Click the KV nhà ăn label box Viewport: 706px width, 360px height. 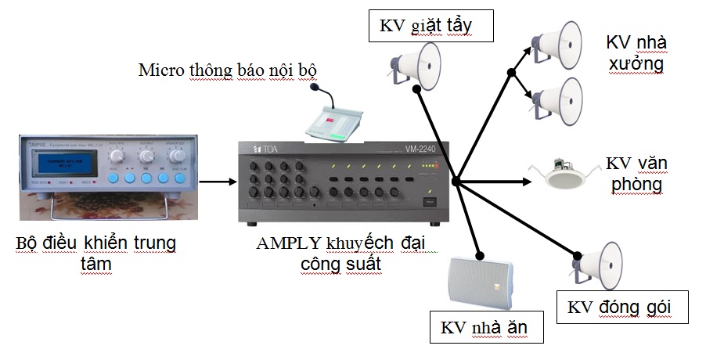485,326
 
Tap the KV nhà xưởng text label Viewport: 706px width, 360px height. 636,52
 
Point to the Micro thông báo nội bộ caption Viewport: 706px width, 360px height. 229,70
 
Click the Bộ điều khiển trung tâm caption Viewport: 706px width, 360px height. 95,253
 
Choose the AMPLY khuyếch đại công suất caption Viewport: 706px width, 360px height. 340,253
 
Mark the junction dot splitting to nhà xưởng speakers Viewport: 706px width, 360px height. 511,73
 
